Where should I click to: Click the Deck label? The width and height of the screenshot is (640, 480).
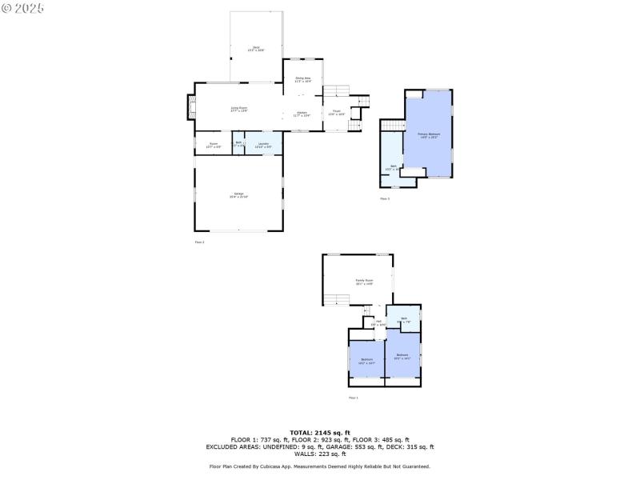pyautogui.click(x=257, y=49)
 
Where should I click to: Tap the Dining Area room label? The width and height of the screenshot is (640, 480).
pyautogui.click(x=303, y=79)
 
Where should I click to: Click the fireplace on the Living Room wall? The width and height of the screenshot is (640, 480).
pyautogui.click(x=191, y=108)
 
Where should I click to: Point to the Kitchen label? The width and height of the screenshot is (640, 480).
pyautogui.click(x=302, y=114)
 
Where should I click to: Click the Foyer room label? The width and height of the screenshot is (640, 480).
pyautogui.click(x=336, y=113)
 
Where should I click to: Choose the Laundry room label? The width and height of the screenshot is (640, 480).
pyautogui.click(x=263, y=145)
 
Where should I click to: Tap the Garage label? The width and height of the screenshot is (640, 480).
pyautogui.click(x=238, y=194)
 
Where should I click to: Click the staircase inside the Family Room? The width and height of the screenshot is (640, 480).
pyautogui.click(x=337, y=299)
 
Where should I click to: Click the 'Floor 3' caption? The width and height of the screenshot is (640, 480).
pyautogui.click(x=385, y=198)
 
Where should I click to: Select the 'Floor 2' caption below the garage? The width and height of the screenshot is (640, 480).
pyautogui.click(x=199, y=242)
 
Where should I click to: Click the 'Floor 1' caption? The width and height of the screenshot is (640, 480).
pyautogui.click(x=354, y=398)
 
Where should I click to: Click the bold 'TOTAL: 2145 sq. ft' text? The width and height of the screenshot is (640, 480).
pyautogui.click(x=319, y=433)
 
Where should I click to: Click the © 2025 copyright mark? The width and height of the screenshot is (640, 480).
pyautogui.click(x=23, y=7)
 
